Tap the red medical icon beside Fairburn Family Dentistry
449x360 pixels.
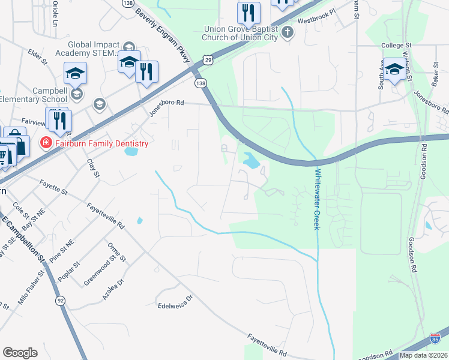45,143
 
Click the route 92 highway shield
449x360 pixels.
61,301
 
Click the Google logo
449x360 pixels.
20,353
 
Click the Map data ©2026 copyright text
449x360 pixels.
423,355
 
